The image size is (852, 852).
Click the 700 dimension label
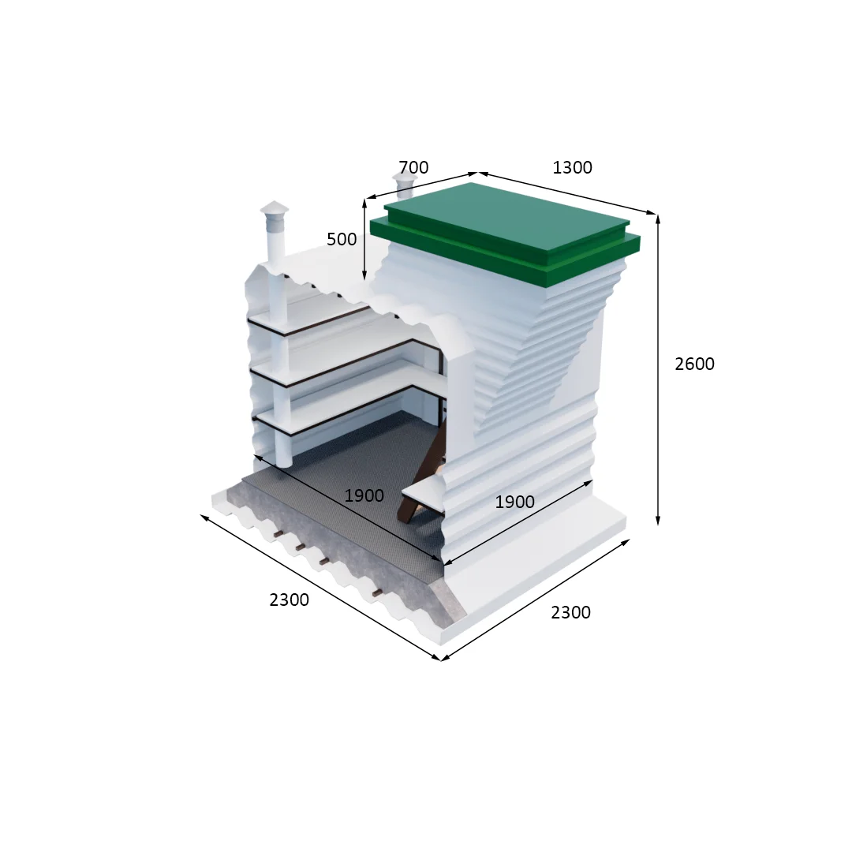point(413,166)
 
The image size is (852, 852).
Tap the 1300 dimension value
point(572,167)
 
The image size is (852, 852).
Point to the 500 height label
point(342,239)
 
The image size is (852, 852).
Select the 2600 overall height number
point(694,364)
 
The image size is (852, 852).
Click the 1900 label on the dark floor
point(364,495)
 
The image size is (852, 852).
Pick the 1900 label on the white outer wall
point(514,502)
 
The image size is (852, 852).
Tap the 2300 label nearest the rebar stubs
point(289,600)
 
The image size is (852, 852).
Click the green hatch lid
point(506,234)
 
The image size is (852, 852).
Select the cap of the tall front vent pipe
point(275,208)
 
